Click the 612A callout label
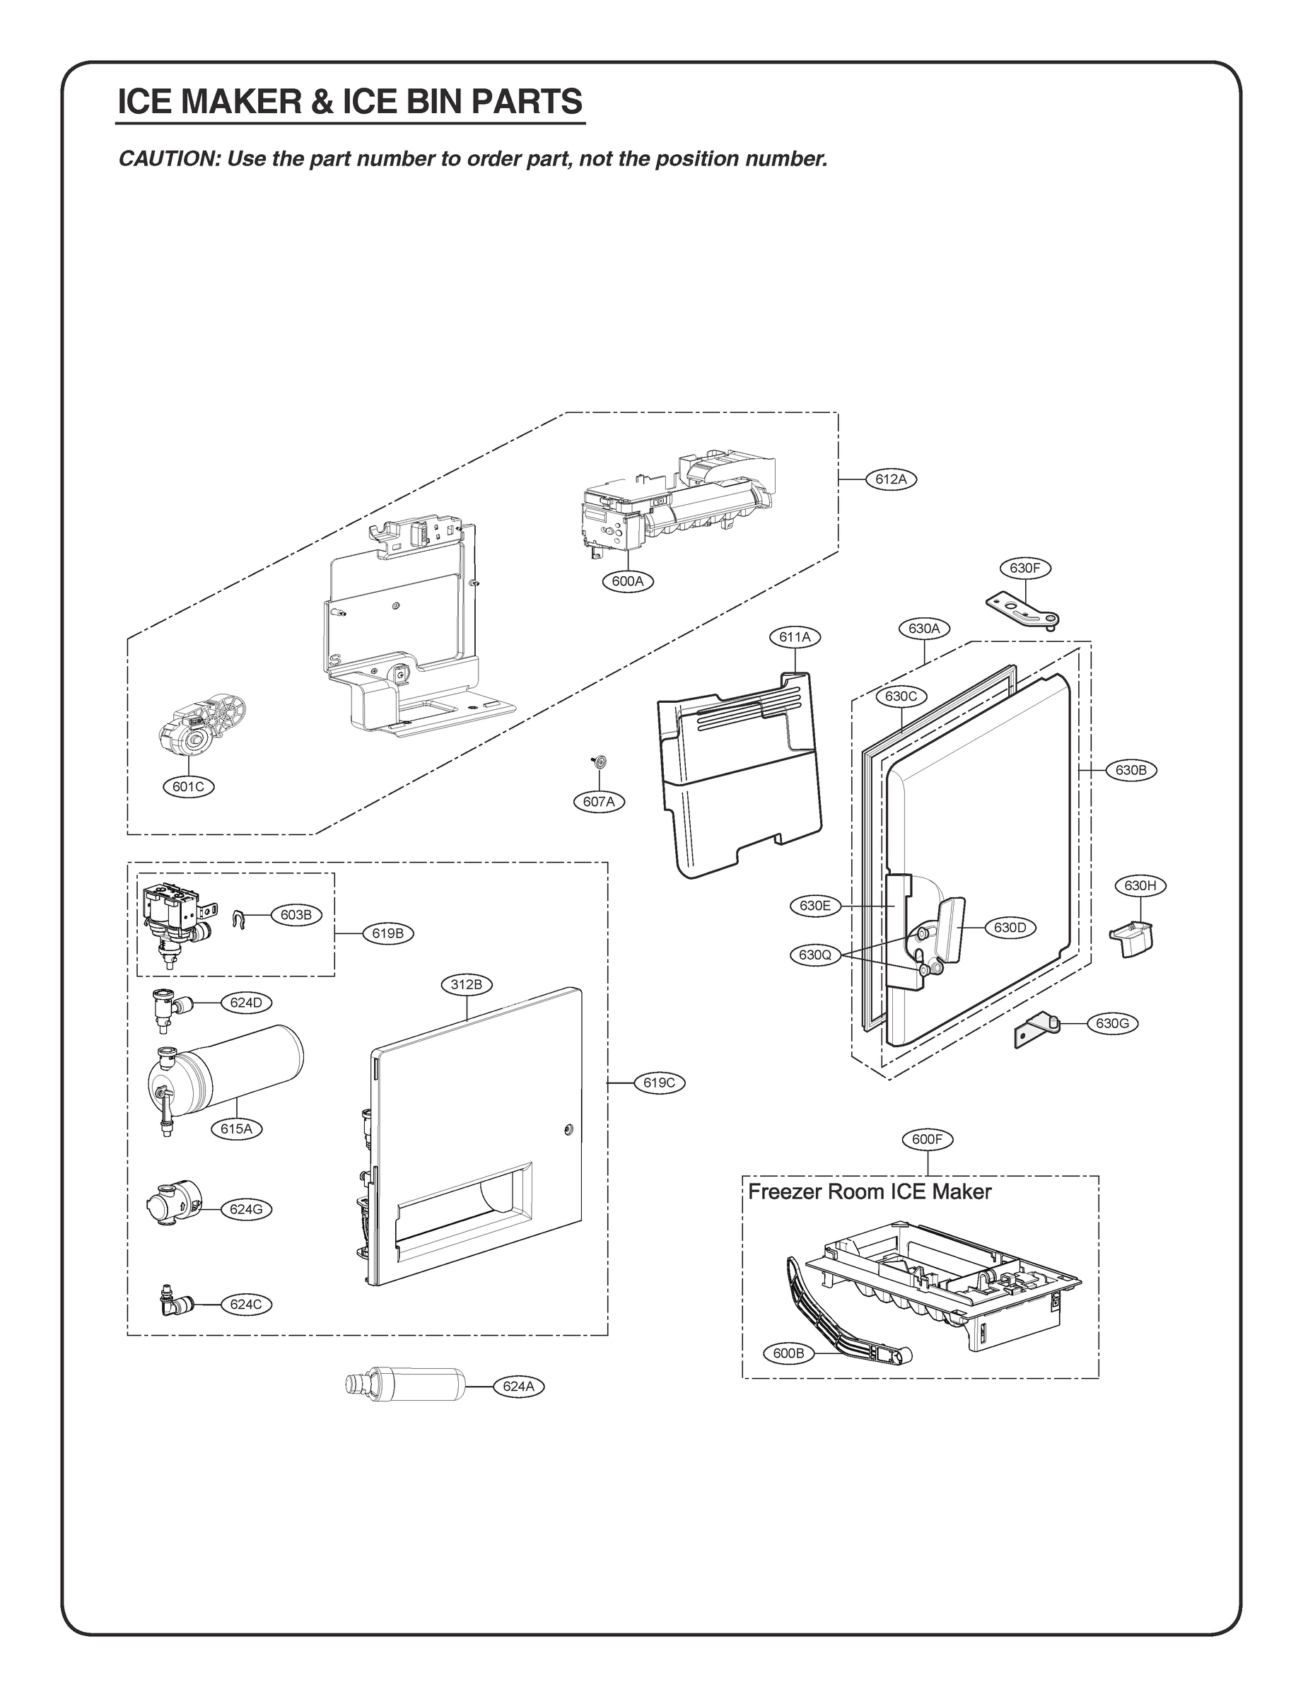[890, 479]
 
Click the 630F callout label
[1024, 568]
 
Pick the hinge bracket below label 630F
[1023, 610]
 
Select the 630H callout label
[1140, 886]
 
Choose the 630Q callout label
[814, 955]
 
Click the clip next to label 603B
[239, 919]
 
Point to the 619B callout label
[388, 934]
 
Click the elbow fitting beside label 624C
[168, 1304]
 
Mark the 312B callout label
[466, 985]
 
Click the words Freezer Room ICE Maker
[869, 1192]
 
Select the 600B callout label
[788, 1353]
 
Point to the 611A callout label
[794, 638]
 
